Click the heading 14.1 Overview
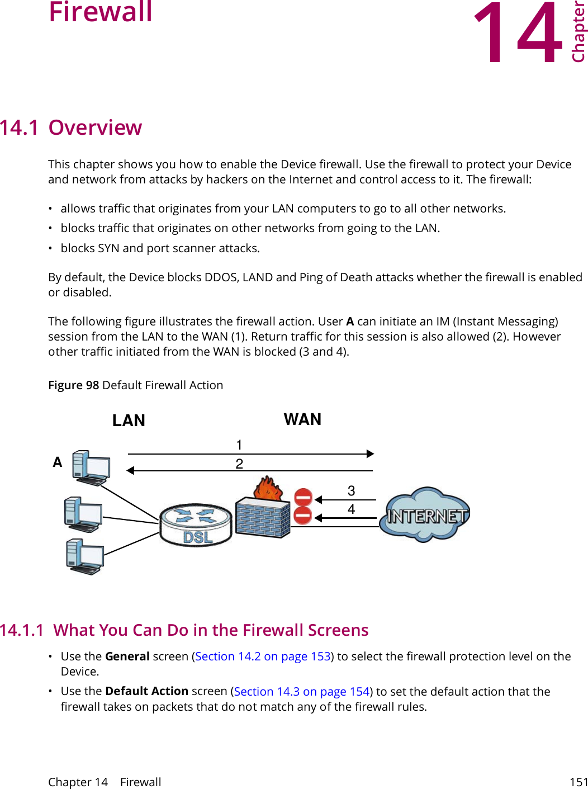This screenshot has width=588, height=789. coord(71,127)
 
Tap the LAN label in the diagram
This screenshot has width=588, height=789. coord(129,421)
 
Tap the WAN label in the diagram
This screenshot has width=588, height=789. coord(302,419)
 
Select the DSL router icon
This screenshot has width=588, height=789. coord(196,525)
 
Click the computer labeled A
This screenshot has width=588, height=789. coord(91,467)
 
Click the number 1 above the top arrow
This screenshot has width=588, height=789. coord(239,445)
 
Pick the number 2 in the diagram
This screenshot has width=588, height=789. coord(239,464)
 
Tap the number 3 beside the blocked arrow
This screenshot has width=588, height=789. coord(351,491)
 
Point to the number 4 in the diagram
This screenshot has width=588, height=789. coord(351,509)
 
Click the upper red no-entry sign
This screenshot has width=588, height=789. coord(303,497)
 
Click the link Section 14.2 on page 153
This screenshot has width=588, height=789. coord(263,656)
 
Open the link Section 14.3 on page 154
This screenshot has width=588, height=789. coord(302,692)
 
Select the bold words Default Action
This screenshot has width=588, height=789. coord(146,692)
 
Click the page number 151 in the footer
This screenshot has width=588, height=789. coord(578,782)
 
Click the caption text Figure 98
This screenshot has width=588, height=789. coord(73,385)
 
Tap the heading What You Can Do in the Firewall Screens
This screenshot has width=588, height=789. coord(211,630)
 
